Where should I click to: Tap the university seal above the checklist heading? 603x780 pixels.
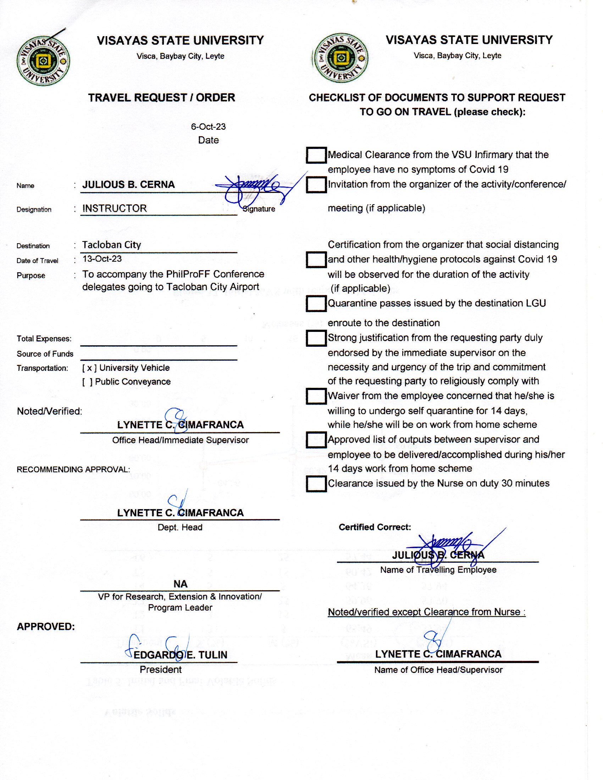(341, 58)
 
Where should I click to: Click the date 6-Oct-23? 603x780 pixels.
(208, 127)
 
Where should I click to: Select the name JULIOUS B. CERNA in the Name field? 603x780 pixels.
(129, 185)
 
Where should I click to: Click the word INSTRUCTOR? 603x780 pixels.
(114, 208)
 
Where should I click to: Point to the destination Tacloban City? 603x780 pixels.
(111, 245)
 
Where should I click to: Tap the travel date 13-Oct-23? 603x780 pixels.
(102, 259)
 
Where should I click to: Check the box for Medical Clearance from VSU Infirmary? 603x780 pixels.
(316, 155)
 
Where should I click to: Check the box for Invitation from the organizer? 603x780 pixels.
(316, 185)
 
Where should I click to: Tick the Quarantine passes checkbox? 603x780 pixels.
(316, 304)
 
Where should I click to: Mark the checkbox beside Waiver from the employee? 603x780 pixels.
(316, 396)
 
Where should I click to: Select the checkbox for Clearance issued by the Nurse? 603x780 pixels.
(316, 484)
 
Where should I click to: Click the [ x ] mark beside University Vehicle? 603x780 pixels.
(89, 368)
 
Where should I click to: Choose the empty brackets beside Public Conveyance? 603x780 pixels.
(87, 382)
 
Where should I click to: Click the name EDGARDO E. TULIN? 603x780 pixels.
(181, 655)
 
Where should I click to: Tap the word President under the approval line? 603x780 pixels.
(160, 670)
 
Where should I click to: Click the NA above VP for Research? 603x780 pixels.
(181, 584)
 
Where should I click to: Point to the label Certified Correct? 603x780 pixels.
(375, 527)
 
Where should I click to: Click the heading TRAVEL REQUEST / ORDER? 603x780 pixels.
(161, 98)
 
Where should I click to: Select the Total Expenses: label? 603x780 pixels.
(44, 339)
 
